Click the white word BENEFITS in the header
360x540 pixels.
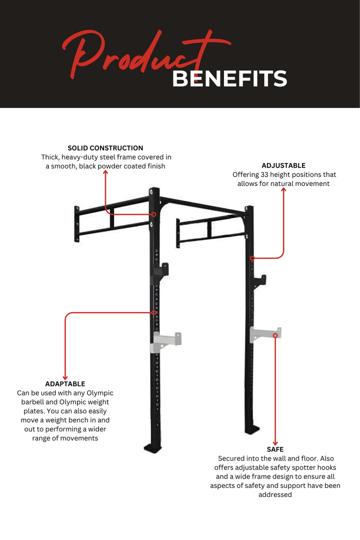[x=230, y=78]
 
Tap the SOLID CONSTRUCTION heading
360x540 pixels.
[x=105, y=148]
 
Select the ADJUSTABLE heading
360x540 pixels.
[x=283, y=165]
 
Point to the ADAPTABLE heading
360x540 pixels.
[x=65, y=384]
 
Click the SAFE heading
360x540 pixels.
[x=275, y=449]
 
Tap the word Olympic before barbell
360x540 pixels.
[x=100, y=393]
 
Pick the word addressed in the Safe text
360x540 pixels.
[x=275, y=495]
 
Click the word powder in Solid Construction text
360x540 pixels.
[x=110, y=166]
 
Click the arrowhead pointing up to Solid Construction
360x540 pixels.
[x=106, y=172]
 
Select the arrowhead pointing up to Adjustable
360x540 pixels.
[x=284, y=189]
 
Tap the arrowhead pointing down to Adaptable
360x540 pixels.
[x=65, y=378]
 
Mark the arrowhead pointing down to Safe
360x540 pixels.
[x=275, y=443]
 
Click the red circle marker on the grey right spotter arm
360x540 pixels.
[x=275, y=335]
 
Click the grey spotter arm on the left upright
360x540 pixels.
[x=166, y=342]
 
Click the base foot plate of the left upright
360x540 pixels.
[x=153, y=447]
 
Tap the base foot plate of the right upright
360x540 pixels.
[x=252, y=429]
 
